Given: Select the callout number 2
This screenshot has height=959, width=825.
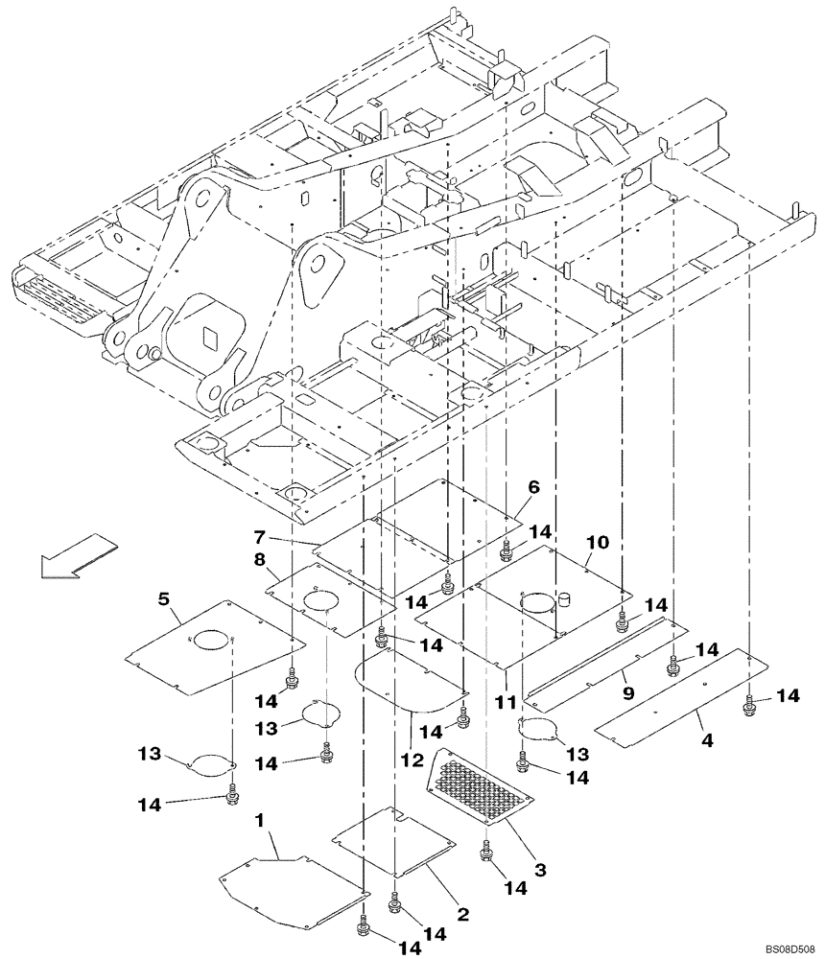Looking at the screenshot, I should [x=463, y=914].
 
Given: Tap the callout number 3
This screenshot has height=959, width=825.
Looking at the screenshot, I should [x=540, y=870].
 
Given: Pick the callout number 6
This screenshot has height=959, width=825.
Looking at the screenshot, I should [x=533, y=487].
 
